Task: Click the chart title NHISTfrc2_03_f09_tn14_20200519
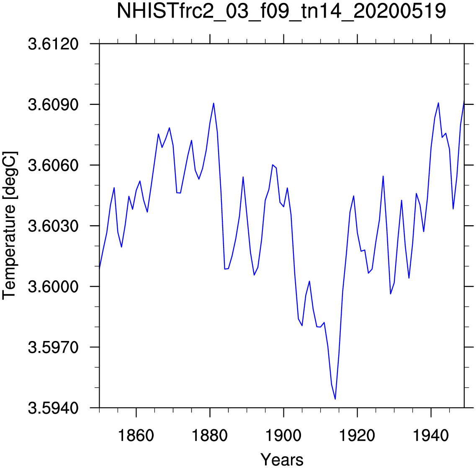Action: click(x=281, y=12)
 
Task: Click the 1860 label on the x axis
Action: click(x=136, y=436)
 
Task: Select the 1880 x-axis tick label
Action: click(x=210, y=436)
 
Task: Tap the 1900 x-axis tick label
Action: click(x=283, y=436)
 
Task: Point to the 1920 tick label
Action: click(x=357, y=436)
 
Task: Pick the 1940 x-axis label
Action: click(x=431, y=436)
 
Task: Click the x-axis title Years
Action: click(x=282, y=460)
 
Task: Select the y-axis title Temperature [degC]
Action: click(x=10, y=226)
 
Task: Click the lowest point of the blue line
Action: click(x=335, y=399)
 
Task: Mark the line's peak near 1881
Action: click(x=214, y=103)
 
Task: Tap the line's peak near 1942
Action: click(x=438, y=103)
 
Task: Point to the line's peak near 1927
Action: click(x=383, y=176)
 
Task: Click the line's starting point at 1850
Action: click(x=100, y=268)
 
